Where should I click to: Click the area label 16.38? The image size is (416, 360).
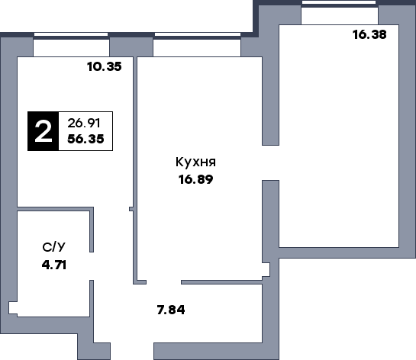tap(369, 35)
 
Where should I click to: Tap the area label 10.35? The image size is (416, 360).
tap(105, 66)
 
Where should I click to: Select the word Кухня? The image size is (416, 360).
tap(196, 162)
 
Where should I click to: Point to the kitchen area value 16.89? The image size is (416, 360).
tap(196, 179)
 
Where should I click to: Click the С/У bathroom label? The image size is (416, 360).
tap(53, 247)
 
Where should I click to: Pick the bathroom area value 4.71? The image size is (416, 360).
tap(54, 265)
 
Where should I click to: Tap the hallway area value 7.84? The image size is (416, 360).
tap(171, 310)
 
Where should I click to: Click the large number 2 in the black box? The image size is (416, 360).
tap(43, 131)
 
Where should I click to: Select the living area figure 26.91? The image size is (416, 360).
tap(84, 123)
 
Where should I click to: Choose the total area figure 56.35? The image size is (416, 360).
tap(85, 139)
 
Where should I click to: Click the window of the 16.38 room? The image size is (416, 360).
tap(339, 2)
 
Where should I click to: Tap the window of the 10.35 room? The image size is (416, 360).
tap(71, 34)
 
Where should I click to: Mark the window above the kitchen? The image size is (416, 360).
tap(198, 34)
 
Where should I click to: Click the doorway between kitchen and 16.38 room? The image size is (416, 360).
tap(270, 162)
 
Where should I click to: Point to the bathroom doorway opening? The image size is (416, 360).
tap(92, 266)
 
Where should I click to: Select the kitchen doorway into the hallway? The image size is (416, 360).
tap(163, 282)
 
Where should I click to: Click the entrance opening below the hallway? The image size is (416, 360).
tap(132, 352)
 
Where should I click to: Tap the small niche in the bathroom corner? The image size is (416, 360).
tap(13, 308)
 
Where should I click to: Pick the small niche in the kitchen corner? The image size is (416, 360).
tap(266, 269)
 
